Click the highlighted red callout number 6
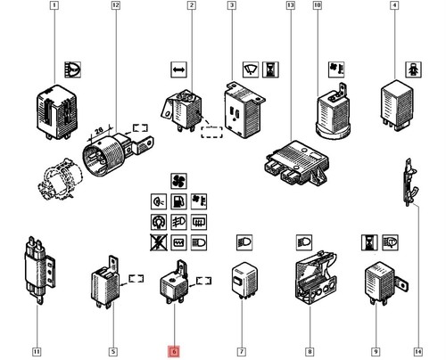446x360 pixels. (174, 352)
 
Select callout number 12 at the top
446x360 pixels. (116, 5)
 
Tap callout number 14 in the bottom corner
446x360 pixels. (417, 352)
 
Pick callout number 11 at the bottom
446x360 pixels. (37, 352)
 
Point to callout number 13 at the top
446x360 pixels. (291, 5)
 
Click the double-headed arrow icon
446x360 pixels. (178, 70)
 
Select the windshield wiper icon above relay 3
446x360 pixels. (251, 70)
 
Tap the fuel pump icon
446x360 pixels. (178, 201)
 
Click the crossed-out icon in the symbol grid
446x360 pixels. (159, 242)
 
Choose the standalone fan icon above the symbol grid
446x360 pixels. (178, 181)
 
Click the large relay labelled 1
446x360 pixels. (57, 112)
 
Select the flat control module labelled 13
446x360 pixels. (297, 163)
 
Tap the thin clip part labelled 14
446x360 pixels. (409, 182)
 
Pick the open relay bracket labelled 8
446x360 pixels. (316, 278)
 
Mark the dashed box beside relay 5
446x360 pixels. (136, 279)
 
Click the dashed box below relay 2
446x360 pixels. (211, 132)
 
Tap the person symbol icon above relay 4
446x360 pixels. (414, 70)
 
